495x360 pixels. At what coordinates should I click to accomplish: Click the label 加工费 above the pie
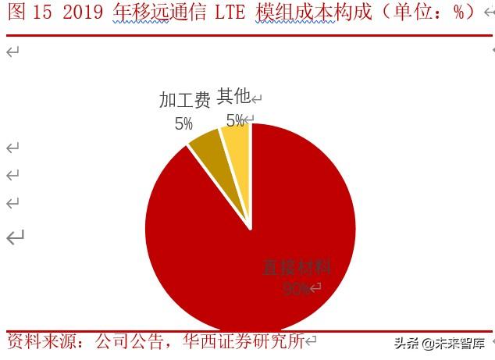point(185,100)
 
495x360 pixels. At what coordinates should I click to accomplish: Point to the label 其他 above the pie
point(233,96)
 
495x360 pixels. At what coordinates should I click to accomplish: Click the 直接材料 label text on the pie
point(297,267)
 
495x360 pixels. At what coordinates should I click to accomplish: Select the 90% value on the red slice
point(295,288)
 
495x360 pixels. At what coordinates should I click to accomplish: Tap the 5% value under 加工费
point(183,123)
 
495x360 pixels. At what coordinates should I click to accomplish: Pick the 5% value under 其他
point(234,120)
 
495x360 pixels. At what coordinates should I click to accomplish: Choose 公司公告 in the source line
point(130,341)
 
